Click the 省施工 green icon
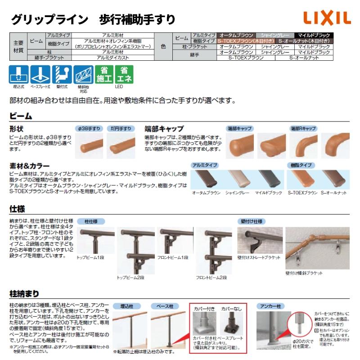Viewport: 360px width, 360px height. point(103,74)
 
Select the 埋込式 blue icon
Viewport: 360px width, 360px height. point(18,74)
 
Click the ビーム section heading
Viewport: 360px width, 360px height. point(21,116)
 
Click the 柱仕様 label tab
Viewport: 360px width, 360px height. point(91,221)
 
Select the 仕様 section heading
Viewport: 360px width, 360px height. point(18,210)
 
